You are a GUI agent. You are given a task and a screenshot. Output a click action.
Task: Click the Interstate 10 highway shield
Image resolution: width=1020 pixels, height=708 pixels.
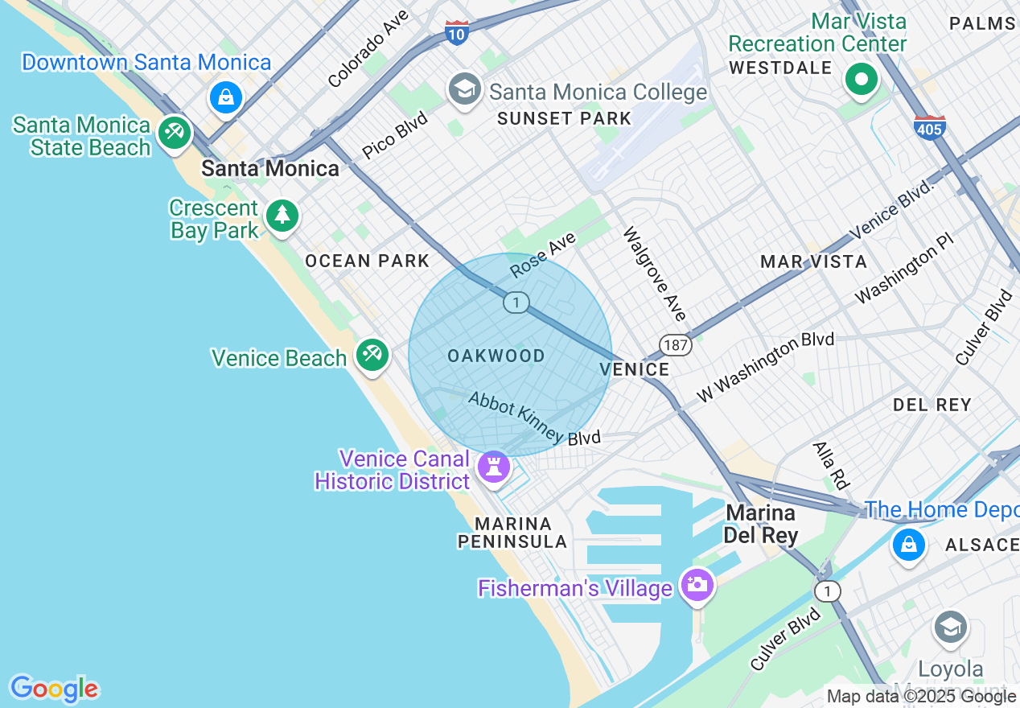coord(456,33)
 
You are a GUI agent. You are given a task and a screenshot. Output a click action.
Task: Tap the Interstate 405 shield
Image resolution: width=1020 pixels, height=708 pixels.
coord(929,128)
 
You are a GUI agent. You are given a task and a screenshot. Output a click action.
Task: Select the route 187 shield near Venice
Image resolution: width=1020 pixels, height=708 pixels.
coord(676,345)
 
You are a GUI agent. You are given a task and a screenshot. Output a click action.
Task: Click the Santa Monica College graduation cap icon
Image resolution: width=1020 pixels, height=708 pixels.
coord(465,90)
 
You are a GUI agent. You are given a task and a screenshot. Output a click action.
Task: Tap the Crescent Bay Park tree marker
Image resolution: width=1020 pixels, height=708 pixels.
coord(282,216)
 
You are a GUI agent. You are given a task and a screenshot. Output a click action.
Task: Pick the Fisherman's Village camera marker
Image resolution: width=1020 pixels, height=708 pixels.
coord(696,584)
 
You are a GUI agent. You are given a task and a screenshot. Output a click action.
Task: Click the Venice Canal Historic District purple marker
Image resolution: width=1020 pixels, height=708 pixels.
coord(493,467)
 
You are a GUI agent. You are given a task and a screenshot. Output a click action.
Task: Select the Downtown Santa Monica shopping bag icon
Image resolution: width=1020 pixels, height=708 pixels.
coord(226,97)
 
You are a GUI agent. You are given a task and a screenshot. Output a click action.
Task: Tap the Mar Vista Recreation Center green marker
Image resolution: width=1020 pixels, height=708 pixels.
coord(862,80)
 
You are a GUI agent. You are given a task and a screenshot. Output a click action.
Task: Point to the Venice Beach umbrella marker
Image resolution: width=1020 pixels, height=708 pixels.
coord(372,354)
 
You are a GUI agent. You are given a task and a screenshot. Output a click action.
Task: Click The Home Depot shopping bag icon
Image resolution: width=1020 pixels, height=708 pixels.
coord(908,544)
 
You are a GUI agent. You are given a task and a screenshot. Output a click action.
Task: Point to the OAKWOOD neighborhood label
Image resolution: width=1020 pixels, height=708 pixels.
coord(496,356)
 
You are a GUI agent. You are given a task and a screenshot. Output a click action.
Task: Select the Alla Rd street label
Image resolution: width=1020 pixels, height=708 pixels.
coord(831,466)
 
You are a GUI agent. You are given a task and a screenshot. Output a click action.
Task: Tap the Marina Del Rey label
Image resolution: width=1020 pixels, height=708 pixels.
coord(760,524)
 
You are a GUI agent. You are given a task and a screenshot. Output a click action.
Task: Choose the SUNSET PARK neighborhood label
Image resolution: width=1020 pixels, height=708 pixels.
coord(564,119)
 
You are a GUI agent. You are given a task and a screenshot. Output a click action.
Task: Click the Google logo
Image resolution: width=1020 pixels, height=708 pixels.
coord(54,689)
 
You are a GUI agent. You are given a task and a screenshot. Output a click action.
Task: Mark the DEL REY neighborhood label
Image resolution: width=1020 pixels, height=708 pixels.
coord(932,405)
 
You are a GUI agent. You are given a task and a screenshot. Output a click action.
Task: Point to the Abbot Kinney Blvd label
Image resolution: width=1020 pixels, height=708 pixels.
coord(534,418)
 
